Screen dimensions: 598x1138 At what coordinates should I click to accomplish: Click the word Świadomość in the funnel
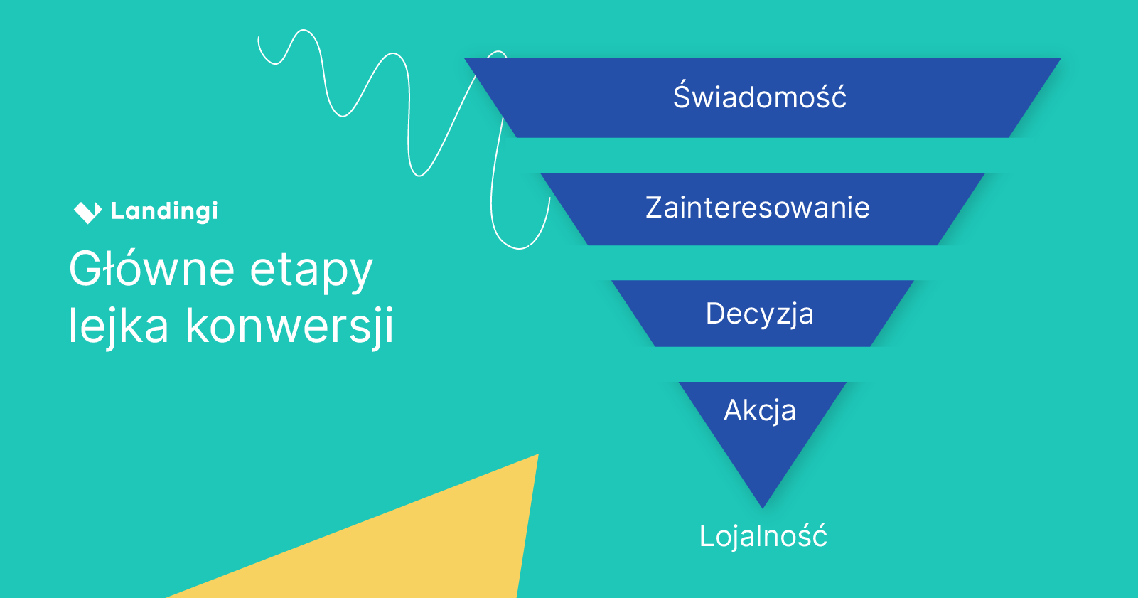pos(759,97)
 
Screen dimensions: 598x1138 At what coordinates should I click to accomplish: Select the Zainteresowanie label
pos(757,208)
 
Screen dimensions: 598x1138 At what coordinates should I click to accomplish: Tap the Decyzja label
pos(759,314)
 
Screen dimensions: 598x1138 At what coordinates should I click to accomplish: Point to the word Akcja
pos(759,410)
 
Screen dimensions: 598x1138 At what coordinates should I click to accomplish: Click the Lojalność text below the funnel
pos(763,536)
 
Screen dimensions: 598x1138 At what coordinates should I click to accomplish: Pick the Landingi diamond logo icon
pos(87,211)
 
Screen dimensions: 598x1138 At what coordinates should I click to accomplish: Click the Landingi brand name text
pos(164,211)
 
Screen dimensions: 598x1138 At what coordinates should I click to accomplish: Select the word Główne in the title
pos(151,269)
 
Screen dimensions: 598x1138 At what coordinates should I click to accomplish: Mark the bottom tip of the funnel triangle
pos(763,506)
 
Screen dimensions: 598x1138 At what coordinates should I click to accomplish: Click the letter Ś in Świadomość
pos(682,96)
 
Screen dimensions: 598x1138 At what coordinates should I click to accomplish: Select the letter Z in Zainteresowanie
pos(655,208)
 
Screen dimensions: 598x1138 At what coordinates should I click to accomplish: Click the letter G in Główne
pos(85,269)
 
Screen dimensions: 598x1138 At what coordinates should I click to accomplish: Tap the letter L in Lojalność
pos(706,536)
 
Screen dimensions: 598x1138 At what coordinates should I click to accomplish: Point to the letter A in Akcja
pos(734,410)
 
